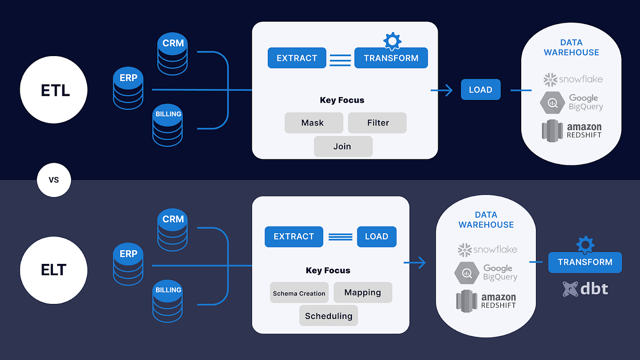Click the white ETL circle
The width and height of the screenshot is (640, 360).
coord(54,90)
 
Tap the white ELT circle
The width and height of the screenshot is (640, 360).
coord(54,270)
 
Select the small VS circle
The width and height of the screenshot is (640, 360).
coord(54,180)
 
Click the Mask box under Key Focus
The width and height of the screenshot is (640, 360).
coord(312,123)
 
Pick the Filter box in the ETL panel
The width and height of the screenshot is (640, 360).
coord(377,123)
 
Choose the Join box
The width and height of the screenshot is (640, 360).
coord(343,147)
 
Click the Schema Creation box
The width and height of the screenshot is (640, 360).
coord(299,293)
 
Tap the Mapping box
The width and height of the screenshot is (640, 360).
coord(362,293)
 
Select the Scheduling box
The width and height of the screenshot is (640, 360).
coord(328,316)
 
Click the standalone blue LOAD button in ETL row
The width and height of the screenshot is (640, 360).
coord(480,90)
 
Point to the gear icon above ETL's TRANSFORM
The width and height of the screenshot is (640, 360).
coord(392,41)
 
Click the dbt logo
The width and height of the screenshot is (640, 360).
coord(585,288)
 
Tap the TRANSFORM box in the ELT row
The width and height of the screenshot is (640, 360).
coord(585,262)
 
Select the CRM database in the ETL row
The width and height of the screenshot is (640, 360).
coord(172,54)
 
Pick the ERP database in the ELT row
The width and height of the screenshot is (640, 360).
coord(128,265)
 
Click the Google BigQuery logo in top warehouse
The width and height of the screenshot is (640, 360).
coord(572,103)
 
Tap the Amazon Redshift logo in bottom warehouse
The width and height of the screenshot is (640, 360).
coord(486,301)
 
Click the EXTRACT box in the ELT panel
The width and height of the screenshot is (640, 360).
coord(294,237)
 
